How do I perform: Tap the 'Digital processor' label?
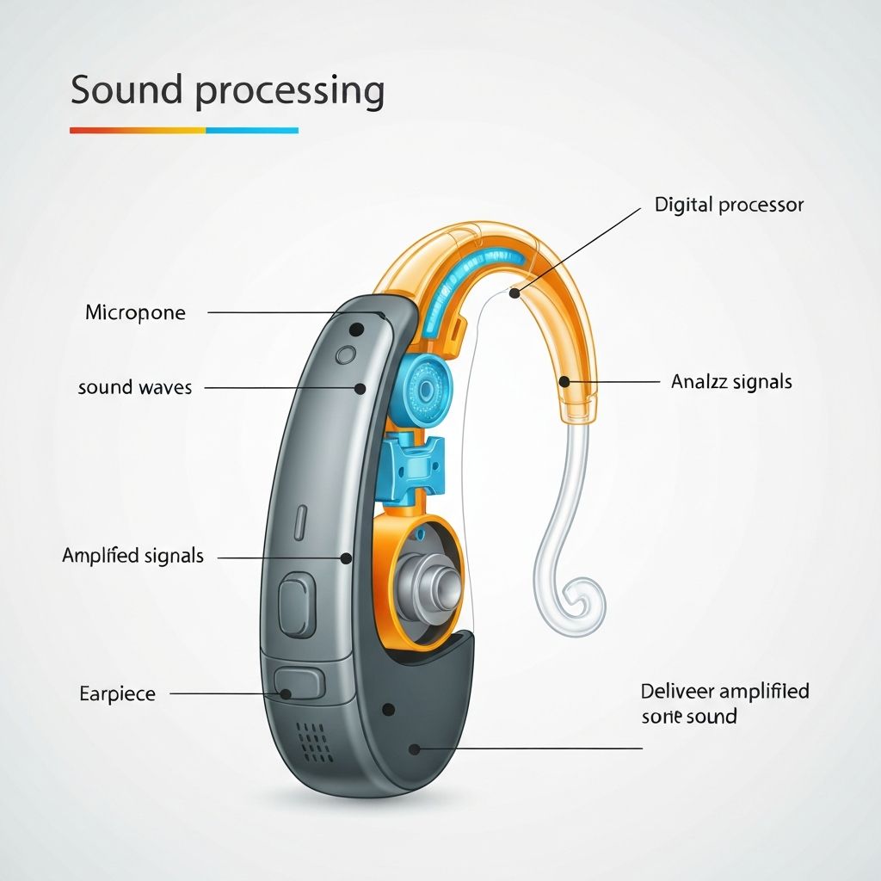729,205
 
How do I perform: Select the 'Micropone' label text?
135,312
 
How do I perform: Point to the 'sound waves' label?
134,387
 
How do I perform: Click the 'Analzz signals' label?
731,381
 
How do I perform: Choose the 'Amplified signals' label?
132,556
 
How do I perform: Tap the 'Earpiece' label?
117,693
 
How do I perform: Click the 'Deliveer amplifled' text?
725,691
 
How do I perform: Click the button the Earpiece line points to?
299,684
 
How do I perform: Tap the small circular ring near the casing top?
347,353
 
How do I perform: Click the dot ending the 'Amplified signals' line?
346,558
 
